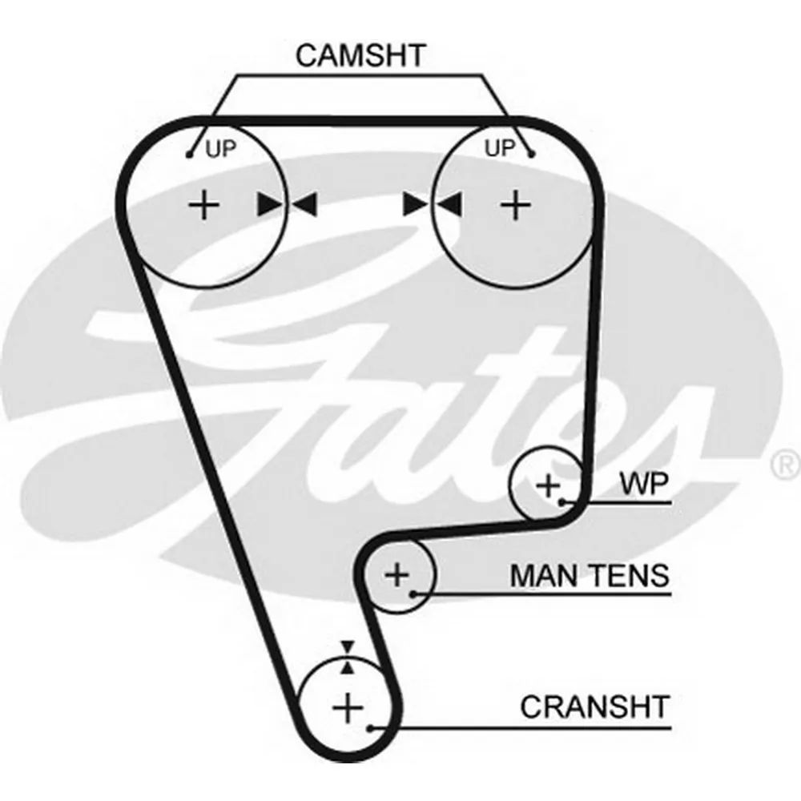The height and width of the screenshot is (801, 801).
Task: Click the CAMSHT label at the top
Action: pos(360,55)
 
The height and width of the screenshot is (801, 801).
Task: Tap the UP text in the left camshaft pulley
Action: pos(222,149)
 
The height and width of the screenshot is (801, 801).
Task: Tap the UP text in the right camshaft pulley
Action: pos(501,147)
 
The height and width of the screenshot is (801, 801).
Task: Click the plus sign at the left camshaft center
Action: pos(203,205)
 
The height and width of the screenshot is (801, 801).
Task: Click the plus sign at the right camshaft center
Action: pos(516,205)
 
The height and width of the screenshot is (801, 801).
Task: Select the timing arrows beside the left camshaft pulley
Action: pos(288,205)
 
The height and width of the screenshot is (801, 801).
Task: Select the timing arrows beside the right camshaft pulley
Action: pos(433,204)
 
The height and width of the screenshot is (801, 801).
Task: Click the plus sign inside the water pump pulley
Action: pos(549,485)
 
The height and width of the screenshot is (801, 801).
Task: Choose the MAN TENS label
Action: pos(589,575)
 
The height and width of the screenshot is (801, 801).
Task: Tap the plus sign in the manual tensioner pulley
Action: pos(397,574)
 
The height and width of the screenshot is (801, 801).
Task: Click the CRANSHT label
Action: pos(594,707)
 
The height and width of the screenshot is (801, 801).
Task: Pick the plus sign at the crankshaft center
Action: pos(348,707)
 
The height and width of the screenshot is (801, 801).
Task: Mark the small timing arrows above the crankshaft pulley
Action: pos(347,657)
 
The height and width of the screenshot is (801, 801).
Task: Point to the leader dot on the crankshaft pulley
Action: pos(370,728)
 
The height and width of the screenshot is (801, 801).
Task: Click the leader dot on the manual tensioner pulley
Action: pos(413,594)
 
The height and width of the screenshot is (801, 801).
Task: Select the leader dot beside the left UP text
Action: pos(190,154)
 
